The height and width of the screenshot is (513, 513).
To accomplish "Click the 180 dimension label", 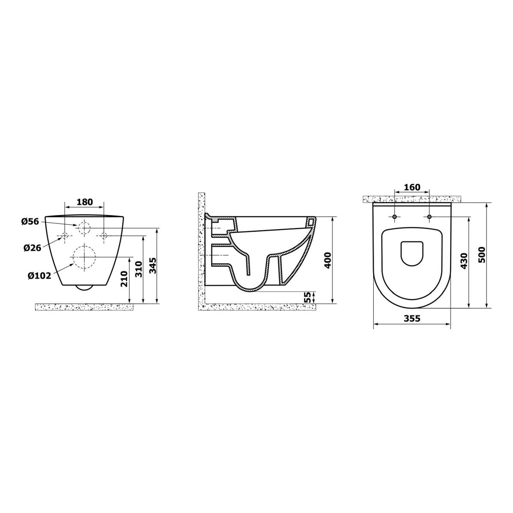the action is coord(85,202).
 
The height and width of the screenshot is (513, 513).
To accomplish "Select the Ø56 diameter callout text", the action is coord(30,221).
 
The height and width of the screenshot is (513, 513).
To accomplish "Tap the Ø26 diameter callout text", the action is coord(32,248).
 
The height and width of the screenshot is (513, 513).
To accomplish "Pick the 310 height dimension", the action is coord(139,269).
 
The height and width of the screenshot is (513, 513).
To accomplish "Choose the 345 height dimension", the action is coord(153,265).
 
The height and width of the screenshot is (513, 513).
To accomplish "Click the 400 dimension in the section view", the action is coord(328,260).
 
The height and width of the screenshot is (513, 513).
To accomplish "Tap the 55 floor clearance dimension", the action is coord(307,297).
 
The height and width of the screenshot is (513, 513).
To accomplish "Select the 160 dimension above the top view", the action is coord(412,187).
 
